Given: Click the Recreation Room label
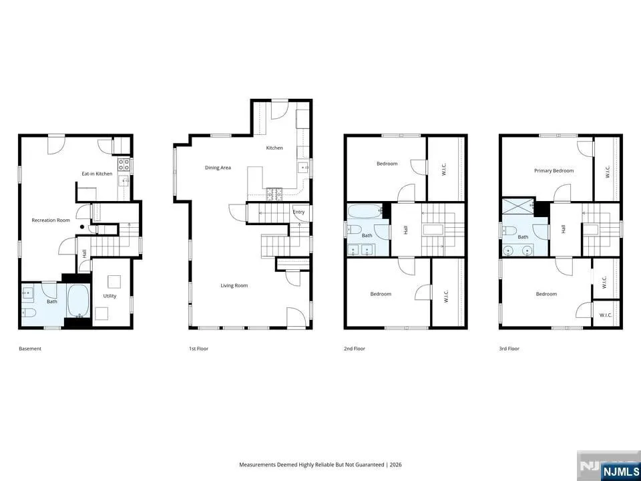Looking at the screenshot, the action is (51, 220).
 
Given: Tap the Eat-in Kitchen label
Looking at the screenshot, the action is (97, 174).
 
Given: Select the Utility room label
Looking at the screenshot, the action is (110, 296).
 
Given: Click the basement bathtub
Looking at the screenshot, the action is (77, 301).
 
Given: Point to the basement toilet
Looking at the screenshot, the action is (29, 313).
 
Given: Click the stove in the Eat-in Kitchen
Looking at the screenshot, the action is (124, 165).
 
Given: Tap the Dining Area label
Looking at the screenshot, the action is (218, 167).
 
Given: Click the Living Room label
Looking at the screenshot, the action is (234, 285).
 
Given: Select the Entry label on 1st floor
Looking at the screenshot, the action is (299, 212).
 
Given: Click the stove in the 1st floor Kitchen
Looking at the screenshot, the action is (274, 194).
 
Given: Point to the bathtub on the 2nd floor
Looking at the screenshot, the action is (365, 212).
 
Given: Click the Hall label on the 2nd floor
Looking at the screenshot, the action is (405, 230).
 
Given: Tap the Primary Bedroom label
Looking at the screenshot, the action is (554, 170).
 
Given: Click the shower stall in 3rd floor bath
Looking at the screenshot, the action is (518, 206).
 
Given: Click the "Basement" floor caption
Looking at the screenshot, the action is (30, 349).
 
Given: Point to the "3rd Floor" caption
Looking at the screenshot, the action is (509, 349).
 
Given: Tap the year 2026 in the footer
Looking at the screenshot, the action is (396, 465).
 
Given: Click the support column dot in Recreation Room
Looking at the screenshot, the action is (82, 226).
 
